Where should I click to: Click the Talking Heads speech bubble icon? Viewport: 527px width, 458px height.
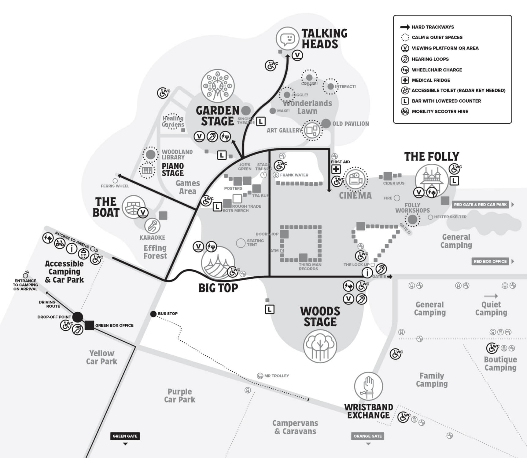(287, 38)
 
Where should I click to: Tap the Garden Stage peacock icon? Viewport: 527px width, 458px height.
(218, 86)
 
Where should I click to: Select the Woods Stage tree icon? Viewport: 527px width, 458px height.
(320, 346)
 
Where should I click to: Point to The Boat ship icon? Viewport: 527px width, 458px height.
(133, 207)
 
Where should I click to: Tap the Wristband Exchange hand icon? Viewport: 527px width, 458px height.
(368, 386)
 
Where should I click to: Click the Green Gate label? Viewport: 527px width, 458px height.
(125, 436)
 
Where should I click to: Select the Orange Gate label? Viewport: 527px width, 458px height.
(367, 436)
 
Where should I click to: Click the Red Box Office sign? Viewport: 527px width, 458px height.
(490, 261)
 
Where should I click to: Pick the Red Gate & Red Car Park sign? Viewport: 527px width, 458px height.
(480, 205)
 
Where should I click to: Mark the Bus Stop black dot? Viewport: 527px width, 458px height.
(153, 314)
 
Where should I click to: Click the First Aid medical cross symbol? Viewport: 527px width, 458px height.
(336, 169)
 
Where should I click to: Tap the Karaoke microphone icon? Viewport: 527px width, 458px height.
(152, 226)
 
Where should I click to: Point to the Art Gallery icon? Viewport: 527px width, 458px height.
(312, 130)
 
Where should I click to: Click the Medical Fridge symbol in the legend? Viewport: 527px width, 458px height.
(405, 80)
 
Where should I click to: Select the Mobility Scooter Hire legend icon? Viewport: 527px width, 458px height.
(405, 111)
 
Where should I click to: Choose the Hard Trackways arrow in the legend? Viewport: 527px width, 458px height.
(405, 27)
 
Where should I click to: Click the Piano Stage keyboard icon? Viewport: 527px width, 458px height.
(147, 170)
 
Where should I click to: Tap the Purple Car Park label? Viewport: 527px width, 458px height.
(179, 396)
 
